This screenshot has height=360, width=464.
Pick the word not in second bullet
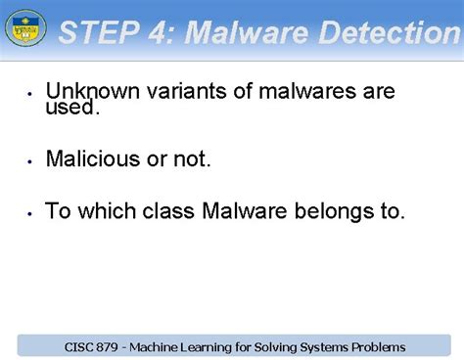(191, 158)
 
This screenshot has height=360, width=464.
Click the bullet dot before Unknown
(30, 95)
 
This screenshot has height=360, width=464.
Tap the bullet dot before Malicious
(30, 160)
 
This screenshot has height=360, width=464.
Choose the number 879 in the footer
(111, 346)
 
